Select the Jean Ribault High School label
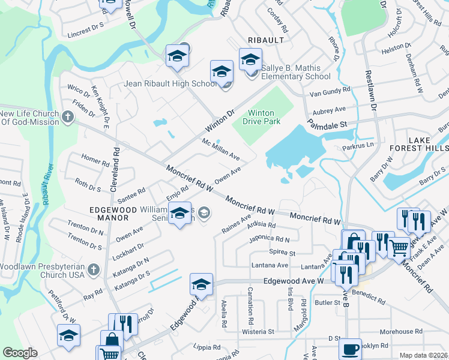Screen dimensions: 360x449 (x=170, y=83)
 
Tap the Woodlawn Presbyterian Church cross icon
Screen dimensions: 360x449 (x=93, y=270)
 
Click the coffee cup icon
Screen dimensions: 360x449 (x=350, y=349)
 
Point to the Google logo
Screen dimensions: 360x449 (x=20, y=353)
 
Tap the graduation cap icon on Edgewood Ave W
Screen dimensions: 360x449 (x=202, y=285)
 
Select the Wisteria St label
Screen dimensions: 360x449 (x=258, y=331)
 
